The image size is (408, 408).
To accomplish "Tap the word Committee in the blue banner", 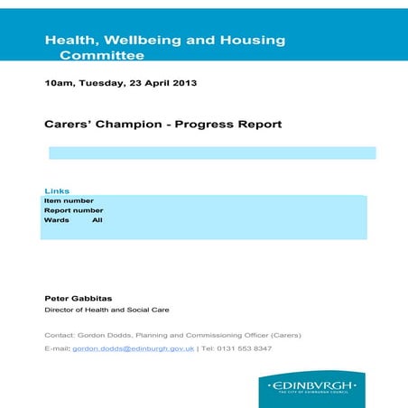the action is (x=101, y=55).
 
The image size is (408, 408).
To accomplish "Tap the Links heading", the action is (x=57, y=190).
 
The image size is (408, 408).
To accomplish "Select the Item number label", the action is (x=69, y=200).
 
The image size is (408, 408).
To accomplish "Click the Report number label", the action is (x=73, y=210).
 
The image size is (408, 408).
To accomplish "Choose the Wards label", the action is (x=57, y=220).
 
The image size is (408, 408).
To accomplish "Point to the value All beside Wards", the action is (x=97, y=220).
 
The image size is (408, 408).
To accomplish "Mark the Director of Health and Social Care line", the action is (x=107, y=310).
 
